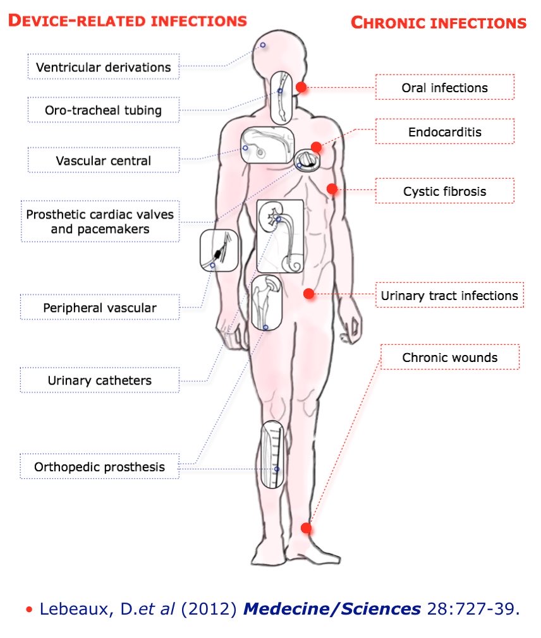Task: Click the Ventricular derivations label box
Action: pyautogui.click(x=103, y=67)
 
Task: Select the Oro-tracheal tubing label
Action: pyautogui.click(x=103, y=110)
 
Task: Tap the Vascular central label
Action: pyautogui.click(x=103, y=160)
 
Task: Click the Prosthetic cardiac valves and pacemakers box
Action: pyautogui.click(x=100, y=221)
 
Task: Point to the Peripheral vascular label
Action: pyautogui.click(x=100, y=308)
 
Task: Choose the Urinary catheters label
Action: pyautogui.click(x=100, y=380)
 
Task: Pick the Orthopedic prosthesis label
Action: pyautogui.click(x=100, y=467)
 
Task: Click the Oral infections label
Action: pyautogui.click(x=444, y=87)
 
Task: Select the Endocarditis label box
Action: pyautogui.click(x=444, y=132)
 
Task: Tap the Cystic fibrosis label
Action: pyautogui.click(x=444, y=191)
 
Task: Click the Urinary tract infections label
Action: pyautogui.click(x=449, y=295)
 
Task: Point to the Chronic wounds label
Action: pyautogui.click(x=449, y=357)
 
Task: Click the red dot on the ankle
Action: pyautogui.click(x=307, y=527)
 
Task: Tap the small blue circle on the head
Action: pyautogui.click(x=263, y=45)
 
